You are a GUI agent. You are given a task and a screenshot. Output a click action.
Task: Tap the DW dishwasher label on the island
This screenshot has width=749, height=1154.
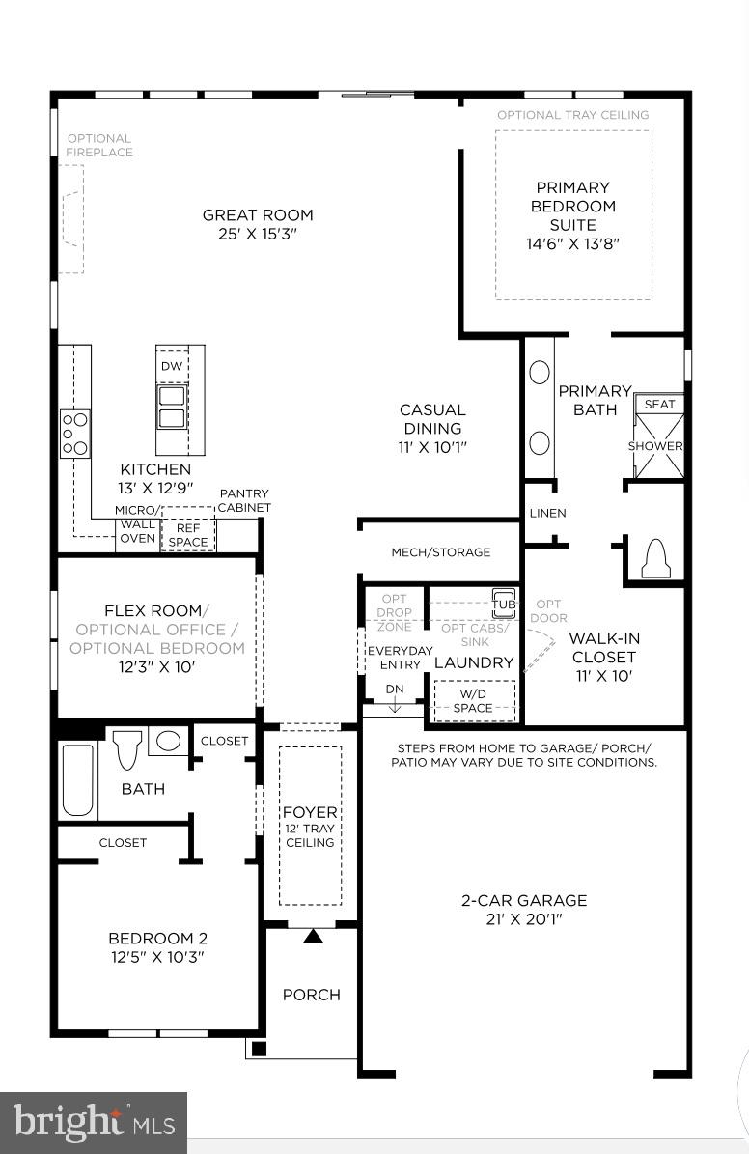point(171,366)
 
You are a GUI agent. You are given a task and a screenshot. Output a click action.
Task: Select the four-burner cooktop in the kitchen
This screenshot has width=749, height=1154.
point(75,434)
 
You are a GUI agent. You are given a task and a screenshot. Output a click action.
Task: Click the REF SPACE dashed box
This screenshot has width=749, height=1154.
point(188,535)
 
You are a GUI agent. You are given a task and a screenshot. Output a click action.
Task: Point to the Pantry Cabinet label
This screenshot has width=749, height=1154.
point(244,500)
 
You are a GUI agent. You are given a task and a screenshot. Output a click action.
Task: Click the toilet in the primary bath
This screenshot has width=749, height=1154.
point(656,558)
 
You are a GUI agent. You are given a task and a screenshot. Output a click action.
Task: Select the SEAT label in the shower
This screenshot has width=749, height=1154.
point(659,405)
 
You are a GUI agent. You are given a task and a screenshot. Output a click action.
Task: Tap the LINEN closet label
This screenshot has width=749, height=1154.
point(547,513)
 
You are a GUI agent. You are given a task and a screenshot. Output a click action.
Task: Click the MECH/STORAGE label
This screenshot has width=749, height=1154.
point(440,552)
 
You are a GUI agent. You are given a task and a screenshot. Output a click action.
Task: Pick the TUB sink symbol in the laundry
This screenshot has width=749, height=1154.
point(504,604)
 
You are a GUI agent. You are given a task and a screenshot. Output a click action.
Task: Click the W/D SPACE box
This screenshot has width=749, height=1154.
point(473,701)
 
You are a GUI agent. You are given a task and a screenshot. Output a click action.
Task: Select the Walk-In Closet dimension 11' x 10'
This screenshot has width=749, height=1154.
point(604,676)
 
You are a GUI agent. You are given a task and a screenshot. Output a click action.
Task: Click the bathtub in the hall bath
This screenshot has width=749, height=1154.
point(77,779)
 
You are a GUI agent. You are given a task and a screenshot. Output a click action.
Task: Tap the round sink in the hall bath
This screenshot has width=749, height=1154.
point(168,742)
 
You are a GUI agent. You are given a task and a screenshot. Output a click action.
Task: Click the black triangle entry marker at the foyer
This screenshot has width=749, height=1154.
point(313,935)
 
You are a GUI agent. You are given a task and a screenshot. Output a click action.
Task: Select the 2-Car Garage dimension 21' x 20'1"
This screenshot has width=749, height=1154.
point(523,919)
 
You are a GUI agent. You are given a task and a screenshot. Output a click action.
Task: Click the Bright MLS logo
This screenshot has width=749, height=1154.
point(94,1123)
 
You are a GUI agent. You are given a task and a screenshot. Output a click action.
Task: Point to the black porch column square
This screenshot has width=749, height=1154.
point(258,1049)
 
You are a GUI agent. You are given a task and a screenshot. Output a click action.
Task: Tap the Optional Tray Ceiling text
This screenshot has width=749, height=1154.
point(572,115)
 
